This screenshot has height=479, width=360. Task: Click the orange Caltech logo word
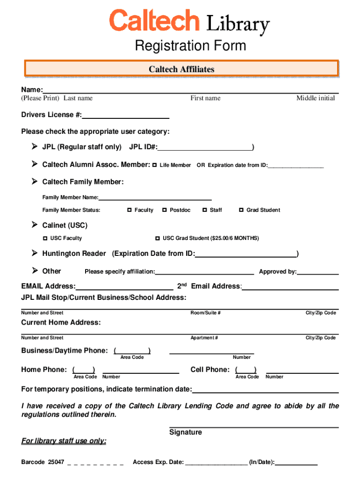[x=154, y=22]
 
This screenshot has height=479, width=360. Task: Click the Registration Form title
[x=190, y=46]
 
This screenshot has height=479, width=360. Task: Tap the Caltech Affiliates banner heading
[x=181, y=69]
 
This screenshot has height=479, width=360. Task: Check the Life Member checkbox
[x=154, y=165]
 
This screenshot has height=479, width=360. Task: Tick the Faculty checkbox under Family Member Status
[x=129, y=210]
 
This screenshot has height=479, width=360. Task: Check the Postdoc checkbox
[x=165, y=210]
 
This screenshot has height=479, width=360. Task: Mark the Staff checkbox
[x=204, y=210]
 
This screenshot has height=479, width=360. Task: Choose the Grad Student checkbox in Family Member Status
[x=241, y=210]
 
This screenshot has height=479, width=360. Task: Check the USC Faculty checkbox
[x=45, y=238]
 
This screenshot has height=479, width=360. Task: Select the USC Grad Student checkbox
[x=158, y=238]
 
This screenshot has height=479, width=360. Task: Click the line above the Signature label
[x=254, y=427]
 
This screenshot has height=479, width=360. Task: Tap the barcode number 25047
[x=56, y=462]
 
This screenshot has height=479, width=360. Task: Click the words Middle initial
[x=316, y=98]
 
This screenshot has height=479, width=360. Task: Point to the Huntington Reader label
[x=74, y=254]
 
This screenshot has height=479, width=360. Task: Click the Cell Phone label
[x=210, y=370]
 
